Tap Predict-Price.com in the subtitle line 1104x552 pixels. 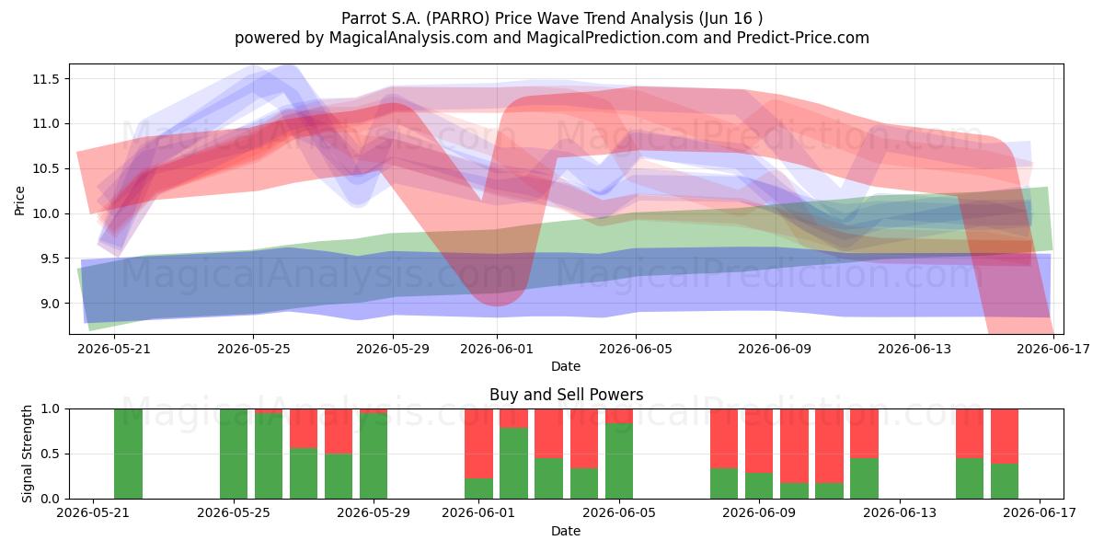click(803, 38)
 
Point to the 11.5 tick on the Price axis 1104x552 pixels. click(46, 79)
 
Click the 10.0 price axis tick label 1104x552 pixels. click(46, 213)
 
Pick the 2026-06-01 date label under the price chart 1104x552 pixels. click(497, 349)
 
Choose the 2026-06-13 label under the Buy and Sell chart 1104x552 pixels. click(900, 512)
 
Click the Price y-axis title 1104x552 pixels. click(19, 201)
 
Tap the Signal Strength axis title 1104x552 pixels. click(27, 454)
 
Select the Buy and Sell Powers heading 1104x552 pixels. click(567, 395)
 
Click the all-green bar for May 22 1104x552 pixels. click(128, 454)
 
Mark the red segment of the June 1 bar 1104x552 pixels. click(478, 443)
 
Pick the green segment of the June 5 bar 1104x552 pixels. click(619, 461)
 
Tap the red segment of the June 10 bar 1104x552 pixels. click(795, 446)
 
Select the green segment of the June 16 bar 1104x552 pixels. click(1005, 481)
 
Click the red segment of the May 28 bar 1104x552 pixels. click(339, 431)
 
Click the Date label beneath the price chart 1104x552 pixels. click(566, 366)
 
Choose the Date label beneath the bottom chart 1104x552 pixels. click(566, 531)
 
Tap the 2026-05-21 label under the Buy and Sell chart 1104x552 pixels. click(93, 512)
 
